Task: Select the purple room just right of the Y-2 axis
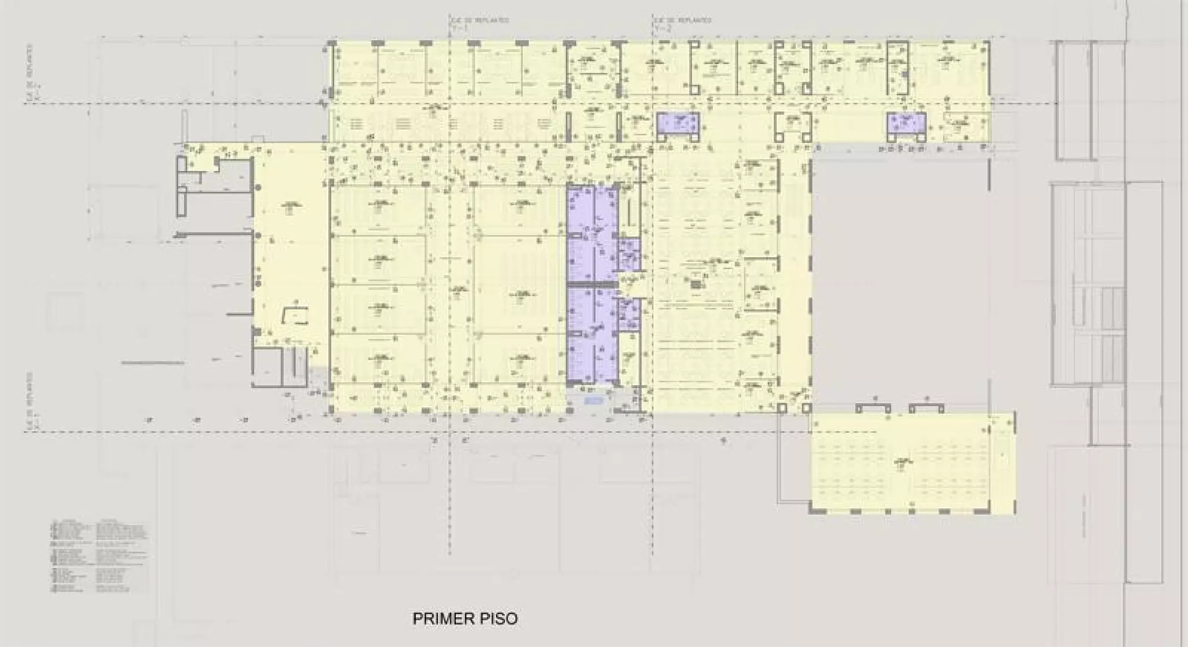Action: (x=678, y=125)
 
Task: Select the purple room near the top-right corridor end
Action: (x=906, y=124)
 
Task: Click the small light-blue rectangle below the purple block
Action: (x=593, y=401)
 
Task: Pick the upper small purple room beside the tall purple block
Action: (x=628, y=254)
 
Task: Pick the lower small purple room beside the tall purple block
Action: (x=628, y=314)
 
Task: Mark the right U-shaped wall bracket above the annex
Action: (x=926, y=407)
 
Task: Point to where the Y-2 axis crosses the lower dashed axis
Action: (x=654, y=432)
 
